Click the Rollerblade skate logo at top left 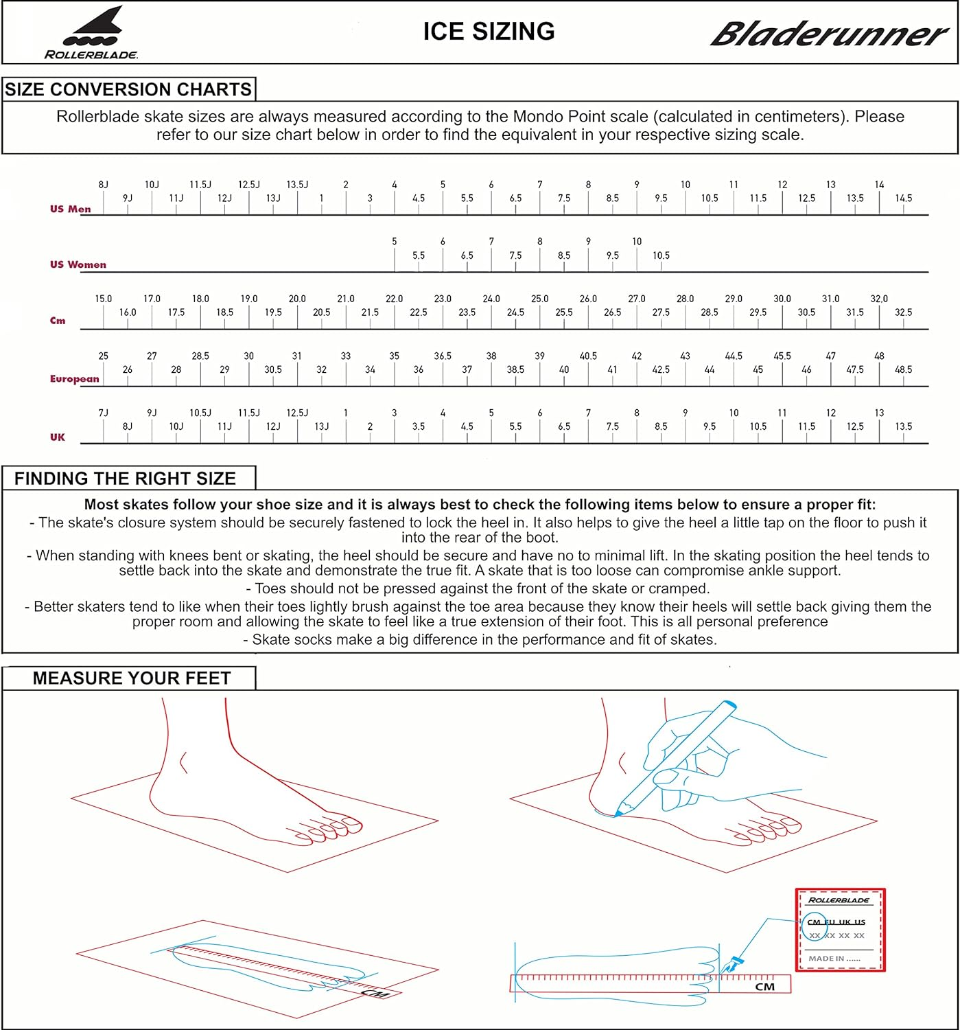tap(91, 33)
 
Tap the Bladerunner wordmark tap(828, 34)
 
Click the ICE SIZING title tap(489, 32)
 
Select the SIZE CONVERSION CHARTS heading tap(128, 90)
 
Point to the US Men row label tap(70, 209)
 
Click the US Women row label tap(78, 264)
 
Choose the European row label tap(74, 378)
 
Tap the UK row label tap(58, 437)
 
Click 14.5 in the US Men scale tap(903, 198)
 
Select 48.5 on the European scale tap(903, 369)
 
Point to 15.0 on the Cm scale tap(103, 299)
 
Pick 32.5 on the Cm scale tap(903, 312)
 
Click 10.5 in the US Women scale tap(661, 255)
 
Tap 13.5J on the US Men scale tap(297, 185)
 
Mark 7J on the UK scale tap(103, 413)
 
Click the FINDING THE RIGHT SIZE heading tap(125, 479)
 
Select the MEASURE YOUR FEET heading tap(131, 678)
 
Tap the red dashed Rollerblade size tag tap(840, 930)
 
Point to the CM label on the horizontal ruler tap(764, 987)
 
